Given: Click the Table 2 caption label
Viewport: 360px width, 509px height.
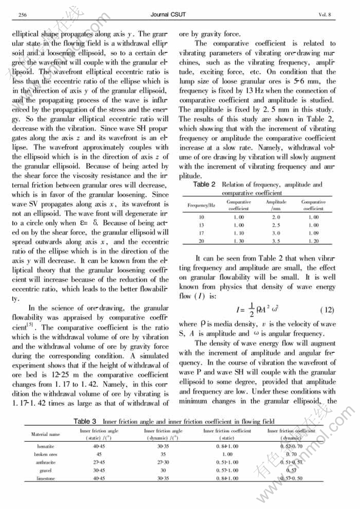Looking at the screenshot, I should click(204, 185).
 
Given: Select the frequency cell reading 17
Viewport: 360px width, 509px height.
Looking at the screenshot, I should click(201, 233).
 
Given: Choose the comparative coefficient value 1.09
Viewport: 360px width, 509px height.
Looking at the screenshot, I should click(313, 233).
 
